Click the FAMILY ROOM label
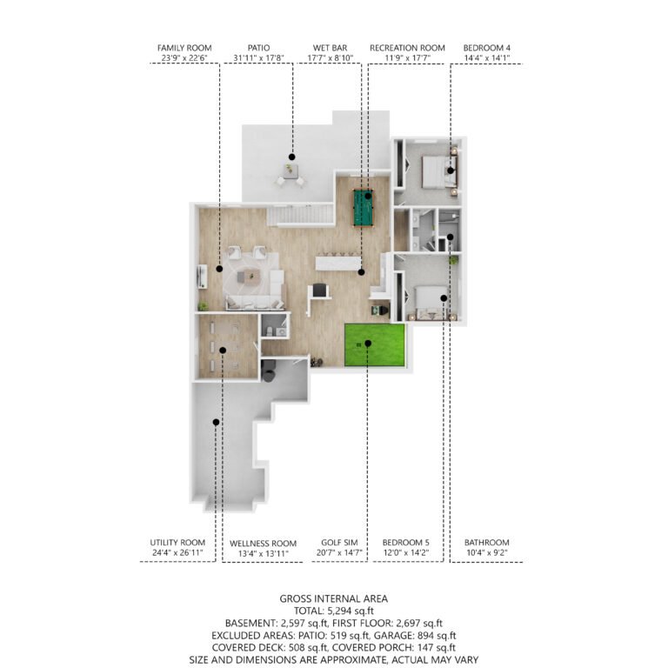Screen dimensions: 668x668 184,48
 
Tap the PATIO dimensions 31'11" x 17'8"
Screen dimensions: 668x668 258,58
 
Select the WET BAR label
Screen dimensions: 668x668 330,48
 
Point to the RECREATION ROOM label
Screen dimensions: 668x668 407,48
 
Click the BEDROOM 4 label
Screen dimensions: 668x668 486,48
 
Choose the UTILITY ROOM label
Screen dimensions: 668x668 177,543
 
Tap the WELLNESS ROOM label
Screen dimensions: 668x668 263,544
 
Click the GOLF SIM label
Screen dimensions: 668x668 339,543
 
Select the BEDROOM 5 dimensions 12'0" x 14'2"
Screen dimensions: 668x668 405,553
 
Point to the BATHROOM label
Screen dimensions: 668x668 486,543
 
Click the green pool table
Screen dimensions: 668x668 363,208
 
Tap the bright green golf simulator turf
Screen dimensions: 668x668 375,345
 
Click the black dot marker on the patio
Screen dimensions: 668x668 292,157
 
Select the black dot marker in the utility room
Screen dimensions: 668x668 216,422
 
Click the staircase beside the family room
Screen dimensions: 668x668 300,214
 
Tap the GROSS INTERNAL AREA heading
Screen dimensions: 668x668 334,598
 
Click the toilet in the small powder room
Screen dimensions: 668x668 270,331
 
